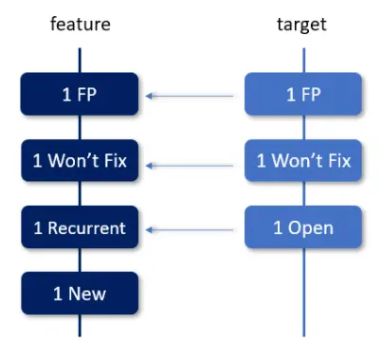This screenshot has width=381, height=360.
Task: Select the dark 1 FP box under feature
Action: click(x=80, y=95)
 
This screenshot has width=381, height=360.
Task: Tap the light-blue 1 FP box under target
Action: click(x=302, y=95)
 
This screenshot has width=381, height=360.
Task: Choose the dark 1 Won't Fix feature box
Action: click(x=80, y=162)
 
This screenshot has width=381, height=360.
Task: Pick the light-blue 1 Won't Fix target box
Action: click(x=302, y=162)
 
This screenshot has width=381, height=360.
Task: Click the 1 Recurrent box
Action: click(x=80, y=228)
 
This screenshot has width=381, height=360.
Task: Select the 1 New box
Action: click(x=80, y=295)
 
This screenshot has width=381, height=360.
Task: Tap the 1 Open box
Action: click(x=302, y=228)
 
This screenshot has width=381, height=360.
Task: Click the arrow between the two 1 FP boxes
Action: click(x=190, y=95)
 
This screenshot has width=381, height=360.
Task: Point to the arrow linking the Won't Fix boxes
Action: click(x=190, y=164)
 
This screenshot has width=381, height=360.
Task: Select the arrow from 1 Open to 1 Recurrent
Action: click(x=190, y=228)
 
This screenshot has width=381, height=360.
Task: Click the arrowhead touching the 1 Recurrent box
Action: click(x=151, y=228)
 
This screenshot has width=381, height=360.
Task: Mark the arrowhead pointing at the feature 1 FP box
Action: click(x=151, y=95)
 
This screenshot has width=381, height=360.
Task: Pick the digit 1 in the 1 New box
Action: click(x=57, y=295)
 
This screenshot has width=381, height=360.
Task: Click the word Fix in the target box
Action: click(x=337, y=162)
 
